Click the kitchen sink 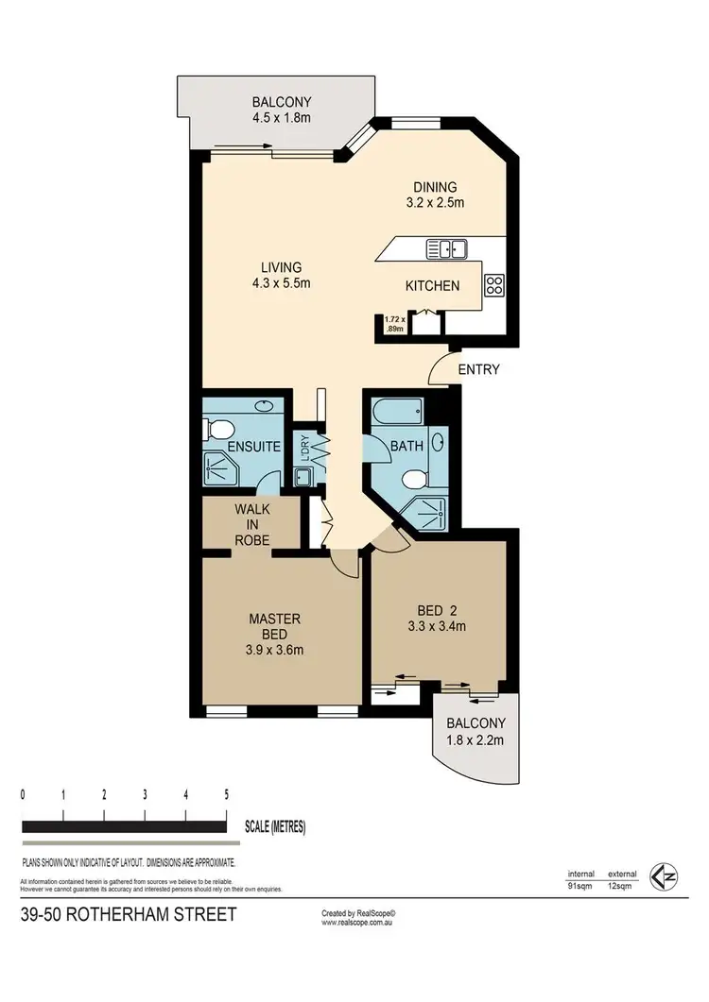coord(446,249)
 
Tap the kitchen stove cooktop coord(494,284)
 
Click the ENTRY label coord(478,369)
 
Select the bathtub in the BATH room coord(392,413)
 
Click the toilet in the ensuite coord(215,432)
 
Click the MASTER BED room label coord(275,634)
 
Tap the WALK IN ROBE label coord(252,524)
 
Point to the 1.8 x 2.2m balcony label coord(475,732)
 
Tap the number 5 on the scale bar coord(226,794)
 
